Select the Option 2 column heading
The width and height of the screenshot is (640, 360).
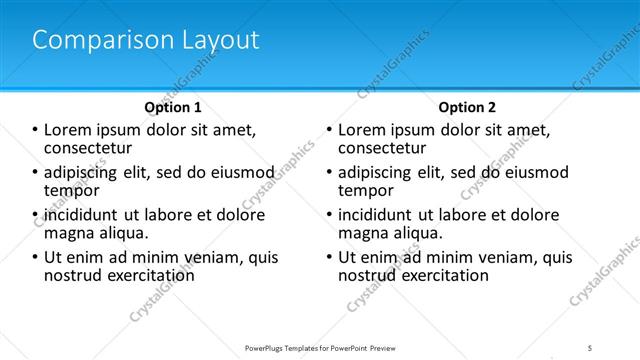click(466, 106)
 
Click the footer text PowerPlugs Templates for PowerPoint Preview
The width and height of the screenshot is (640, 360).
click(318, 347)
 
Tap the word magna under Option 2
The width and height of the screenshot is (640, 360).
click(362, 232)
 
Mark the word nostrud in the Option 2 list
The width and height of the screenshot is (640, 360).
click(367, 275)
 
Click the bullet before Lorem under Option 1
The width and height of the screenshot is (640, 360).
click(34, 130)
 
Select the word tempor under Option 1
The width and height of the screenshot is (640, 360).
click(71, 189)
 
